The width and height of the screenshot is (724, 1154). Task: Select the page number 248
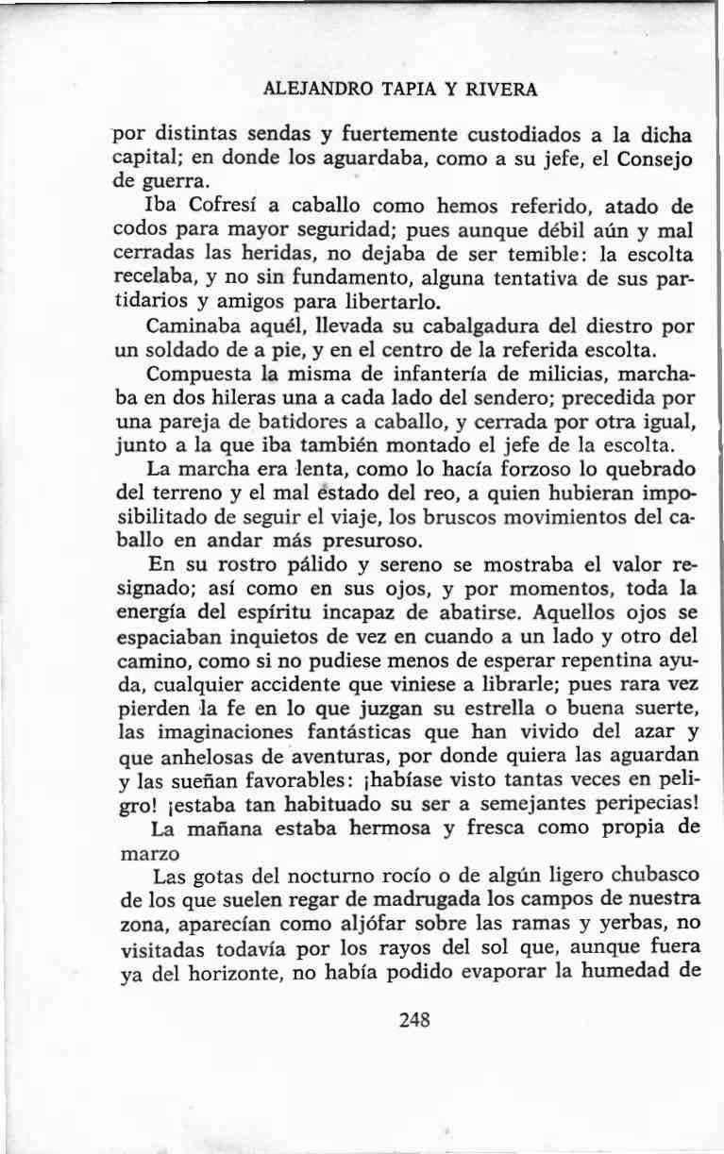[414, 1020]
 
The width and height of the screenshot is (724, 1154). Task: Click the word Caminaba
[192, 326]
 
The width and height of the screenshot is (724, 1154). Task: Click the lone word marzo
[143, 854]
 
